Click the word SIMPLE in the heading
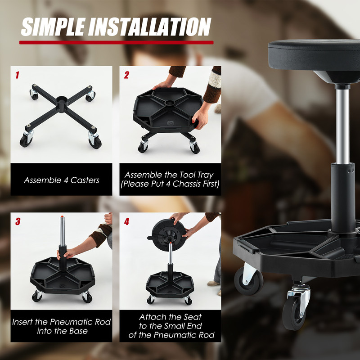pos(53,27)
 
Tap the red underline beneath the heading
pos(116,43)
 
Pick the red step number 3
pos(18,221)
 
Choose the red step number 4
pos(126,221)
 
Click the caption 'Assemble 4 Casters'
pos(62,180)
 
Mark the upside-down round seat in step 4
pos(166,231)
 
